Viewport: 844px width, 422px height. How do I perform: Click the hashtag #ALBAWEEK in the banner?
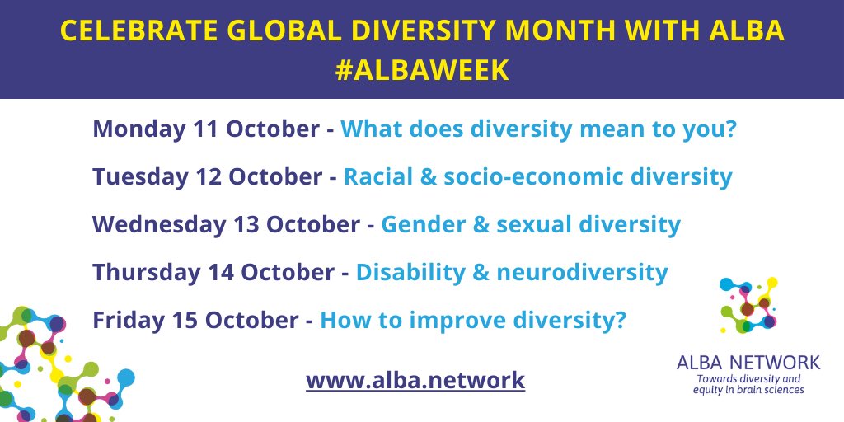coord(422,70)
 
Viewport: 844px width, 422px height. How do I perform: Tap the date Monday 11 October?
coord(204,129)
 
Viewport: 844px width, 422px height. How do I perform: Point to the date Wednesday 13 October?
coord(226,224)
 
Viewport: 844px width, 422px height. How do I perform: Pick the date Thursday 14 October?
coord(214,271)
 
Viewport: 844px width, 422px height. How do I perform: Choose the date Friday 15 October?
coord(195,319)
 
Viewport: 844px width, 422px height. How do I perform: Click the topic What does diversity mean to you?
coord(537,129)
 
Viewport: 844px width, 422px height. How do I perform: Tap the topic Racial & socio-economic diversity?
coord(537,176)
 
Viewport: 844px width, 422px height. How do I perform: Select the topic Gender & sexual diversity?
coord(531,224)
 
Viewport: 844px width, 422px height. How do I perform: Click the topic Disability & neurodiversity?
coord(512,271)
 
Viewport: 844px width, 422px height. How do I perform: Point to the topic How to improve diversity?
coord(473,319)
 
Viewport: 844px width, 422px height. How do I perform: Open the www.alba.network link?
coord(415,380)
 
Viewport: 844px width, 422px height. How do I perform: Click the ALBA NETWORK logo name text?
coord(748,362)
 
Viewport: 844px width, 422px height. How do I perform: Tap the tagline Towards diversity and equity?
coord(748,384)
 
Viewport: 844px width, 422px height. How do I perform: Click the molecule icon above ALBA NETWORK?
coord(748,306)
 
